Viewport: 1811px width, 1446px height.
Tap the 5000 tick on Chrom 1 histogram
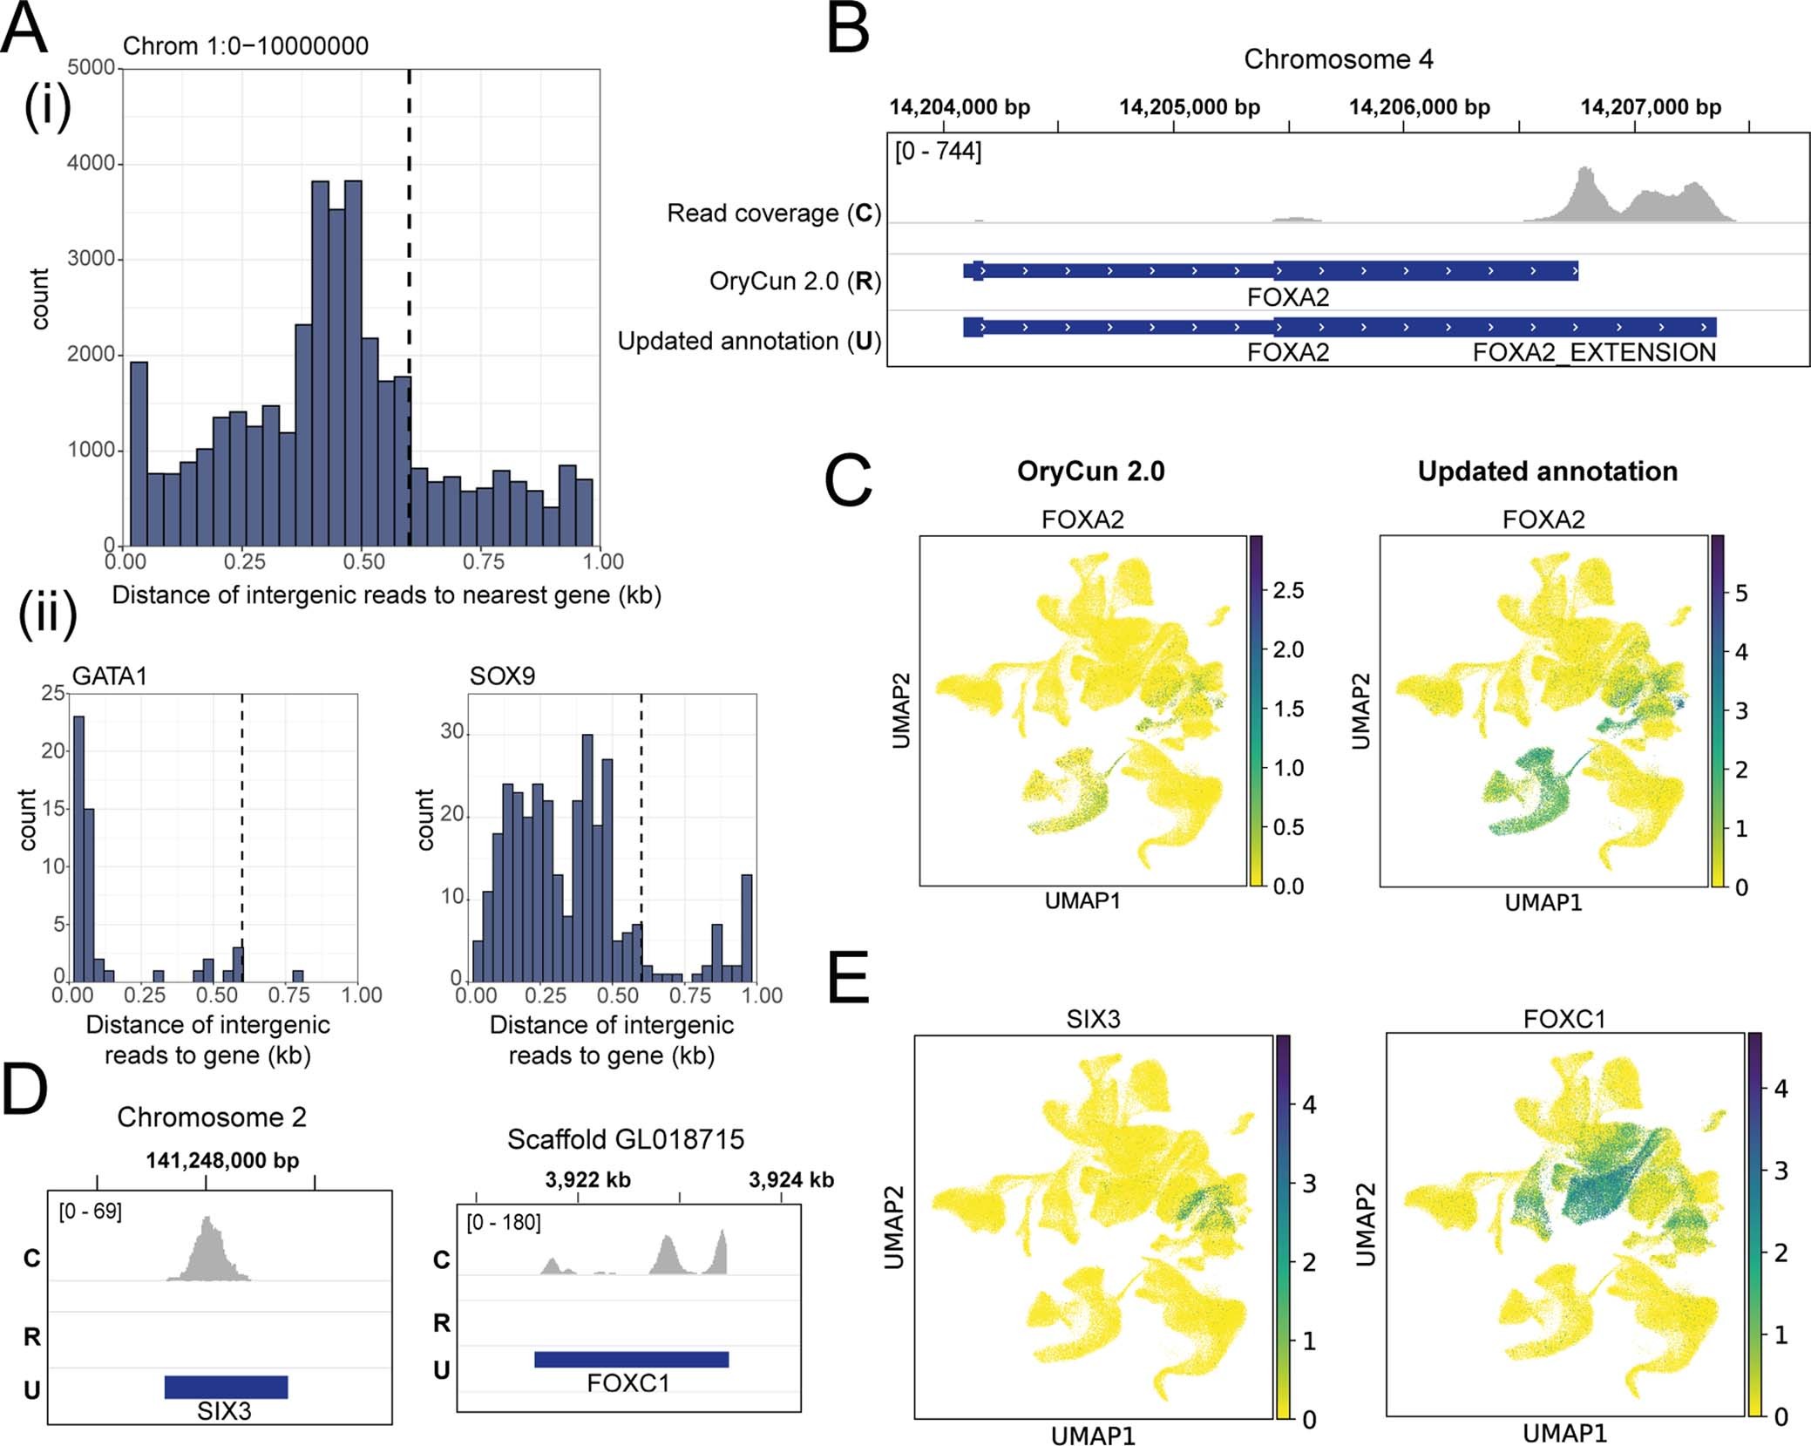pos(91,67)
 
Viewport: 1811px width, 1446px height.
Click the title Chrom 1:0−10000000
pos(246,46)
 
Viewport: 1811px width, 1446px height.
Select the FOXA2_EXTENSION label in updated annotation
pos(1593,353)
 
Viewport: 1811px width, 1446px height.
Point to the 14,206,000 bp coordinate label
pos(1419,107)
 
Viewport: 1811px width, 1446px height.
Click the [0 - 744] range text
pos(938,152)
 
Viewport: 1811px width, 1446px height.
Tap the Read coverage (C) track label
pos(774,214)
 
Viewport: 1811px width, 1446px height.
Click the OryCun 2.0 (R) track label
pos(795,282)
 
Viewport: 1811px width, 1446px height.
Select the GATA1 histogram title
pos(110,675)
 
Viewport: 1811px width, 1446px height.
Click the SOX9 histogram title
pos(502,675)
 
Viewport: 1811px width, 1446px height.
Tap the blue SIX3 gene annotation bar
pos(226,1386)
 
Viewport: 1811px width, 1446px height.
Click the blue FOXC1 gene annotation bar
pos(631,1359)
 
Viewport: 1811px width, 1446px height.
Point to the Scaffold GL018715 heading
pos(626,1139)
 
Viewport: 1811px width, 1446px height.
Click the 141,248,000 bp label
pos(222,1160)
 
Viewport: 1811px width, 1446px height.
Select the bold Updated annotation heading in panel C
pos(1547,472)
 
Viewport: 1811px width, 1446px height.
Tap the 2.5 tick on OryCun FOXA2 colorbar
pos(1288,591)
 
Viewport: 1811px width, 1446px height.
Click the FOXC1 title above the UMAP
pos(1563,1018)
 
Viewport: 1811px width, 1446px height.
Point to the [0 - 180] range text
pos(504,1222)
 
